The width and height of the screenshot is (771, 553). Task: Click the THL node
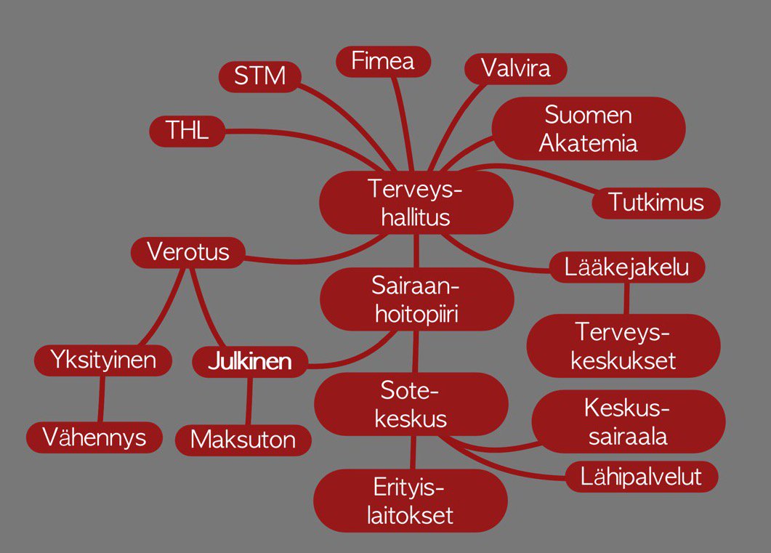point(187,131)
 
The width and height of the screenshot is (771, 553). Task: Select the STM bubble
point(260,76)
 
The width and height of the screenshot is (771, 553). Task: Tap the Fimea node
point(383,61)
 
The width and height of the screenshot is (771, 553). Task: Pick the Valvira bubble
point(516,68)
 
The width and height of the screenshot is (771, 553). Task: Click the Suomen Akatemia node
point(589,129)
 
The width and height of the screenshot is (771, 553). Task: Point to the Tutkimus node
point(656,203)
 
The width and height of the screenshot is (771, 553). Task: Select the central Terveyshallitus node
point(416,203)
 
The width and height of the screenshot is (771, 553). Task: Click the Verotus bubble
point(188,253)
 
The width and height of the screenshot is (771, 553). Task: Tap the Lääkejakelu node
point(626,267)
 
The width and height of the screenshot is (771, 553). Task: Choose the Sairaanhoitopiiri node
point(416,299)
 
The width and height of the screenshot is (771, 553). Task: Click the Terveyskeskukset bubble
point(623,346)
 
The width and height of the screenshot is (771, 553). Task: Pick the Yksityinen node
point(103,360)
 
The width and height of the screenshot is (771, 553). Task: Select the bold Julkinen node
point(249,362)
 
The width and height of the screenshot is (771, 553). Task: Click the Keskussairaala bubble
point(628,422)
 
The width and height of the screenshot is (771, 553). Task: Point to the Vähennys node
point(94,437)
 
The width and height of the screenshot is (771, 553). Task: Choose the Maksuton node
point(243,440)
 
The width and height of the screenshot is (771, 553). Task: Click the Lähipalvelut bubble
point(642,477)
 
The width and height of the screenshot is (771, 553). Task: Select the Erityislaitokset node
point(411,501)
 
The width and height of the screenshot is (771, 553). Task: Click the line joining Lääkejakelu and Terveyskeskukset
point(626,298)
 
